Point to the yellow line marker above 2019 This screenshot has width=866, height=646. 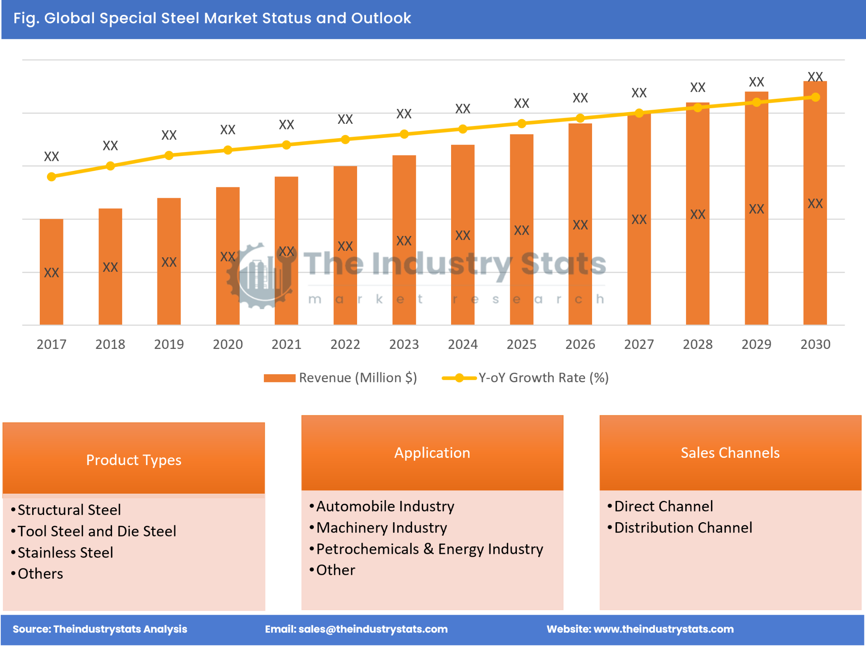[x=169, y=155]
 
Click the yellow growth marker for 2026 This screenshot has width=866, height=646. [x=580, y=118]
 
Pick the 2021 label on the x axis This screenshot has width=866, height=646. [x=286, y=344]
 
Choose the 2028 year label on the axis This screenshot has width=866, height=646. [x=697, y=344]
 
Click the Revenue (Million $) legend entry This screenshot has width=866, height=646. [x=341, y=377]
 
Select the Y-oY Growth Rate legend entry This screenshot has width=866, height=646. [x=525, y=377]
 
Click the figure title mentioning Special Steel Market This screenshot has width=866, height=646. [x=212, y=18]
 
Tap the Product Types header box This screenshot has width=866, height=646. [x=134, y=459]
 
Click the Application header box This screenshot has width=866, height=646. [x=432, y=452]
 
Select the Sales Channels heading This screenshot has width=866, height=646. [x=730, y=452]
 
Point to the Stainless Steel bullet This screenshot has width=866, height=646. [x=65, y=552]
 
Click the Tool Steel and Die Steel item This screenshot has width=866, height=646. [x=97, y=531]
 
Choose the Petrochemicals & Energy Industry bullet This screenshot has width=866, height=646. [x=429, y=549]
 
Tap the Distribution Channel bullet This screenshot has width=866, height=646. [x=683, y=527]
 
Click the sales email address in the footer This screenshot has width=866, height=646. [x=356, y=629]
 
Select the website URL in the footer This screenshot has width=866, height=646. [x=640, y=629]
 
